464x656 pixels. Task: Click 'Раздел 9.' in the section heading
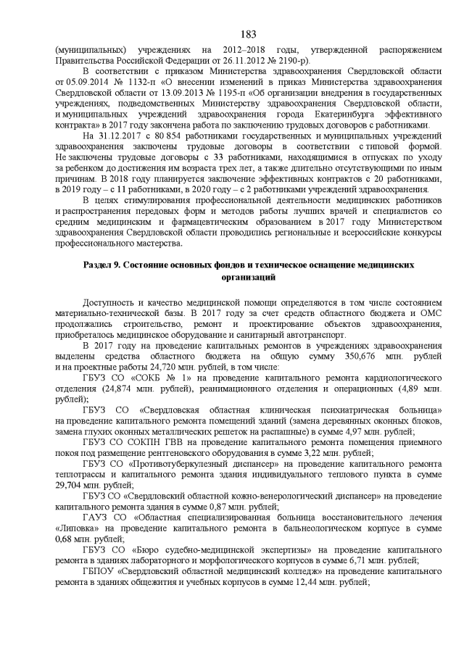coord(104,266)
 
